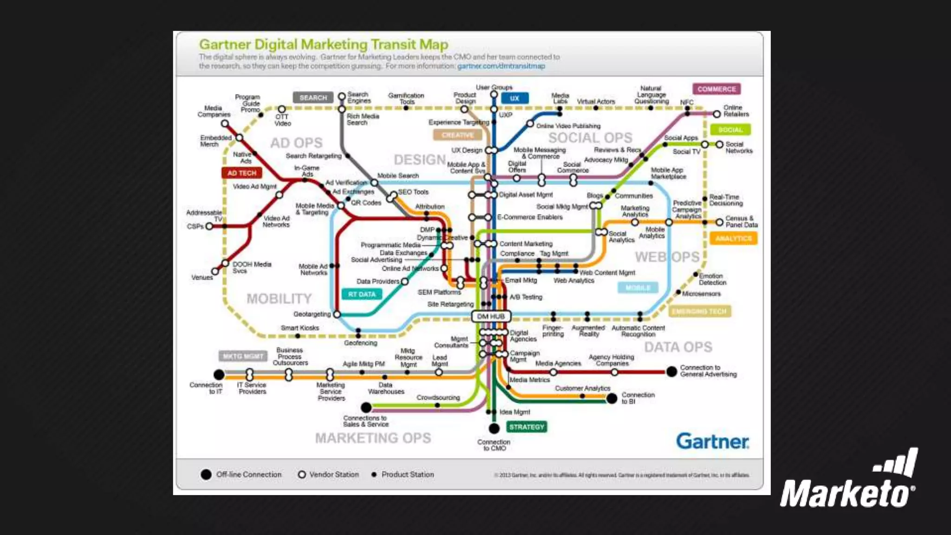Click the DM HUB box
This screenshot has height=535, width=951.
point(491,316)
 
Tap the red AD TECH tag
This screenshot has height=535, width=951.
point(241,173)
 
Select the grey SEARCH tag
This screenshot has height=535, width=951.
point(313,98)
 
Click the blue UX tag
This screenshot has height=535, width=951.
point(515,98)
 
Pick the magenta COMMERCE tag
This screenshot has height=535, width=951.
point(717,89)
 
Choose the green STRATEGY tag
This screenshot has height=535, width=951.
point(527,427)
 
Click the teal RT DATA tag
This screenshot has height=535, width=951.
point(362,294)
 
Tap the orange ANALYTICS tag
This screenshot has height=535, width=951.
point(733,238)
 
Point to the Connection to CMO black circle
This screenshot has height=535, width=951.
point(494,428)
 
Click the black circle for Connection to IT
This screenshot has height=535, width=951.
point(219,374)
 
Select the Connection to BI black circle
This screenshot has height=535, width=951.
point(612,398)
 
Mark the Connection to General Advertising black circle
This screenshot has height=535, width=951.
point(671,372)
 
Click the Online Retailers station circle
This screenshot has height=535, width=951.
point(717,114)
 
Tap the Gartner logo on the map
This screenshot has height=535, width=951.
point(712,441)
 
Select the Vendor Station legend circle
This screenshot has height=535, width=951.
point(302,475)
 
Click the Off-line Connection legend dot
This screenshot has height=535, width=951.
point(206,475)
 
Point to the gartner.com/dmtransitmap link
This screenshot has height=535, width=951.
point(501,66)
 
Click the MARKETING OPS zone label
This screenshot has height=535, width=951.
point(373,438)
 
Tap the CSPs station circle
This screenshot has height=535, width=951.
point(209,226)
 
